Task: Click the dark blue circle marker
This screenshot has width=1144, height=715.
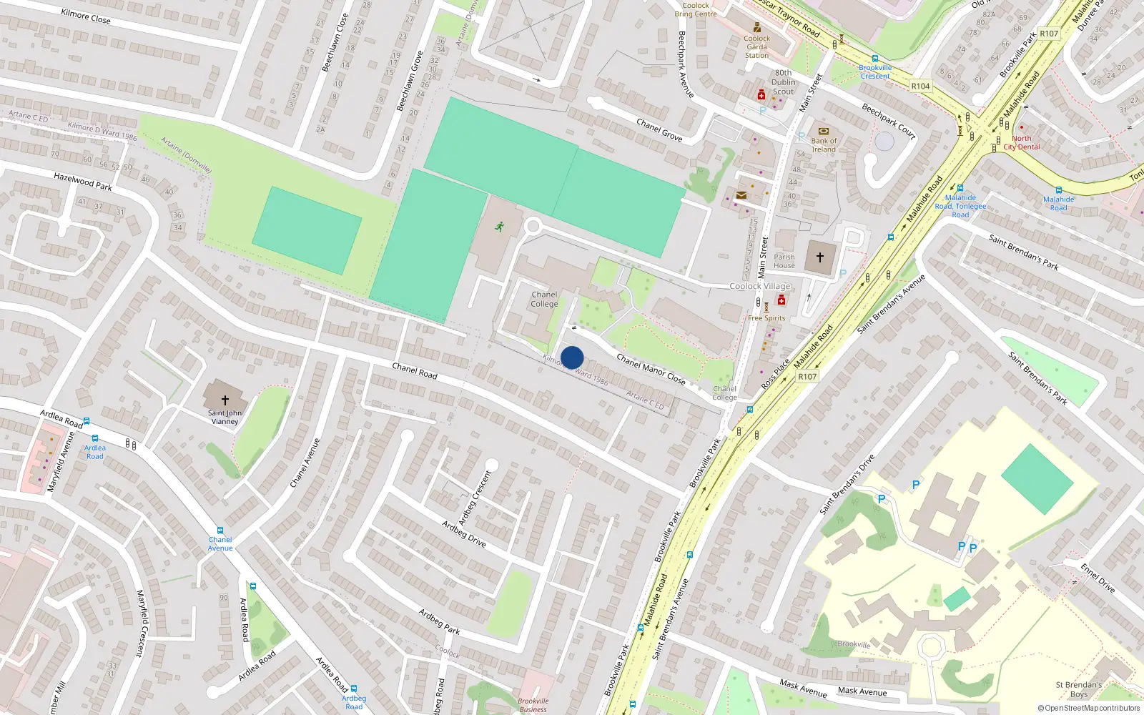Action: tap(572, 357)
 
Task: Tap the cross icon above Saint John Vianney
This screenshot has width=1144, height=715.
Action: tap(225, 400)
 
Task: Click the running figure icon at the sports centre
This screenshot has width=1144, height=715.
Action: tap(499, 227)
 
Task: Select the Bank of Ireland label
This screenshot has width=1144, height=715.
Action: tap(824, 145)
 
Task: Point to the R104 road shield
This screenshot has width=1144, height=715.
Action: tap(920, 86)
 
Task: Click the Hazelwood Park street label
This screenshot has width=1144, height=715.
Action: tap(83, 182)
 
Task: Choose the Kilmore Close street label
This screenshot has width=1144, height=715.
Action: tap(86, 16)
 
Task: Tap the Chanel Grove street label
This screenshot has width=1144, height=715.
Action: tap(659, 130)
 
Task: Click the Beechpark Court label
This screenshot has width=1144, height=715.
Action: tap(889, 120)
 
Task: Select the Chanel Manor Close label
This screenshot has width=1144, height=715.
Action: tap(651, 370)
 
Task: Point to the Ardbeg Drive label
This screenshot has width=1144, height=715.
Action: tap(463, 533)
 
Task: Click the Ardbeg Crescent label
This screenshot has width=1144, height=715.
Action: tap(475, 498)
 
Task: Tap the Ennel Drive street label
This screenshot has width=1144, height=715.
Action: tap(1098, 578)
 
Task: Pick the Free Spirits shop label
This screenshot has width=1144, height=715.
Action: tap(766, 318)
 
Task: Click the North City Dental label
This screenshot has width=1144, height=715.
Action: tap(1022, 143)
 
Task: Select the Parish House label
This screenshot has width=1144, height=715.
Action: tap(784, 261)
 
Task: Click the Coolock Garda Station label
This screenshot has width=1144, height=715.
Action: tap(756, 47)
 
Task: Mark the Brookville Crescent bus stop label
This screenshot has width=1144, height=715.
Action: tap(875, 72)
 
